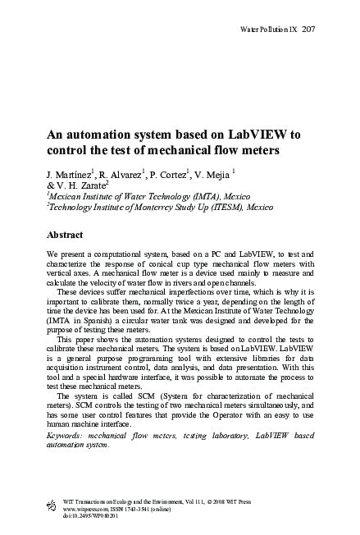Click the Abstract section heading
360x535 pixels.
pyautogui.click(x=68, y=235)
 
